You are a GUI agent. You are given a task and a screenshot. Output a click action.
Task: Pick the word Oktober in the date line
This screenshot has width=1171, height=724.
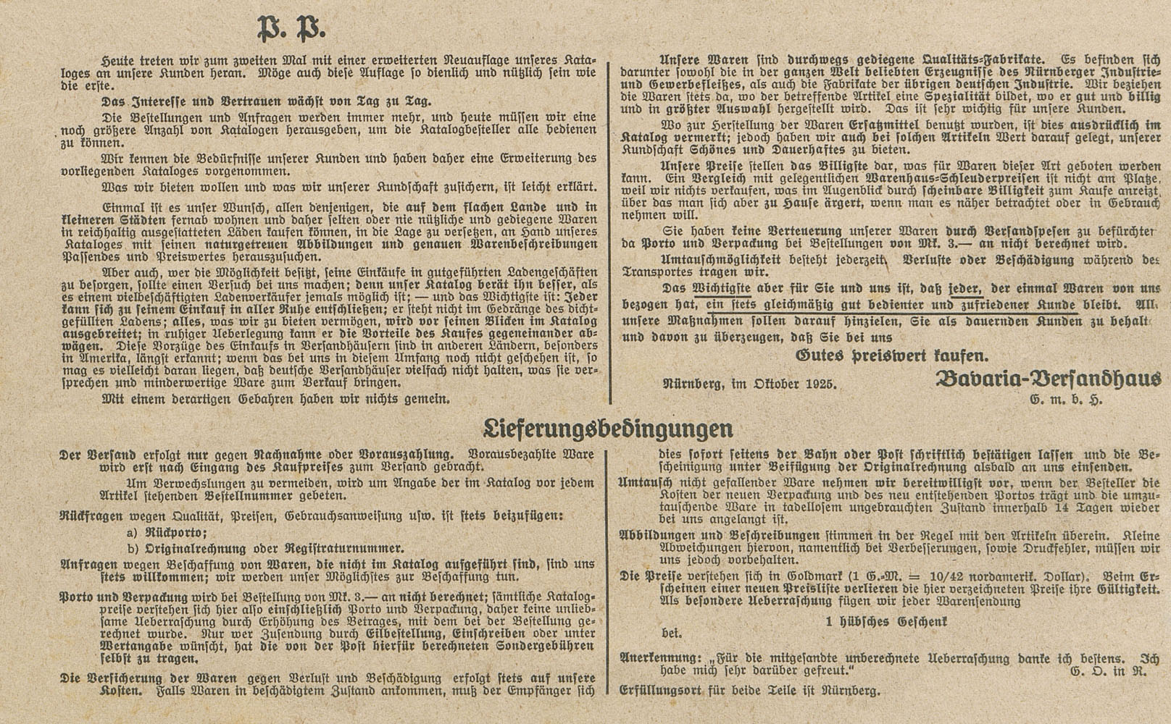tap(766, 384)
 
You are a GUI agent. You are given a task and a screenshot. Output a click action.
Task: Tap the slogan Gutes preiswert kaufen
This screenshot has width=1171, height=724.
tap(891, 355)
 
